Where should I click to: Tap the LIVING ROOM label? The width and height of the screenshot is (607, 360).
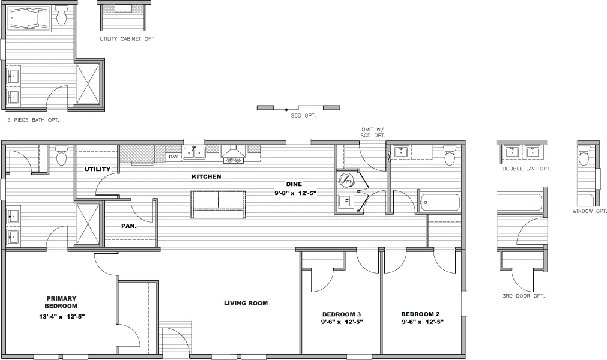tap(246, 303)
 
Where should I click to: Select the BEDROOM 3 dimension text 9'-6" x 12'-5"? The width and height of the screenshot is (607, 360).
tap(342, 322)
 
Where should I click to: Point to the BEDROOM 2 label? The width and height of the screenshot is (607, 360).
tap(421, 314)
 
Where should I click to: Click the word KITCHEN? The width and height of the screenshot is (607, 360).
tap(207, 177)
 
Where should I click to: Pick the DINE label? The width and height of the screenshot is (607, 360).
tap(294, 184)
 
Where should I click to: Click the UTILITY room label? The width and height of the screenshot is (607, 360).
tap(97, 169)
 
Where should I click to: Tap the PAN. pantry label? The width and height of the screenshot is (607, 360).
tap(129, 226)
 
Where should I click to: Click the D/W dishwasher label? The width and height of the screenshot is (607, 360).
tap(173, 157)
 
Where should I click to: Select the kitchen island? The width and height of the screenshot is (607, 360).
tap(218, 205)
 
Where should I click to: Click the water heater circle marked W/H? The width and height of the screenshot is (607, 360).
tap(346, 179)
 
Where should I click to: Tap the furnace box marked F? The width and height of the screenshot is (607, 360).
tap(346, 202)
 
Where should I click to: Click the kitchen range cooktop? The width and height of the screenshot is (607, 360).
tap(233, 158)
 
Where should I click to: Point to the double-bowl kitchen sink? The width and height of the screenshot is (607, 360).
tap(194, 152)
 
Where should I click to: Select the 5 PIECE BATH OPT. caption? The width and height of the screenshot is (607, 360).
tap(33, 120)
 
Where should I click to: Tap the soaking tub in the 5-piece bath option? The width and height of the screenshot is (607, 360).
tap(31, 19)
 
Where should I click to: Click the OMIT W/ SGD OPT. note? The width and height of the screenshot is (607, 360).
tap(372, 132)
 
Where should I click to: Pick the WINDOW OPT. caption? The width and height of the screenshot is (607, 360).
tap(590, 211)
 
